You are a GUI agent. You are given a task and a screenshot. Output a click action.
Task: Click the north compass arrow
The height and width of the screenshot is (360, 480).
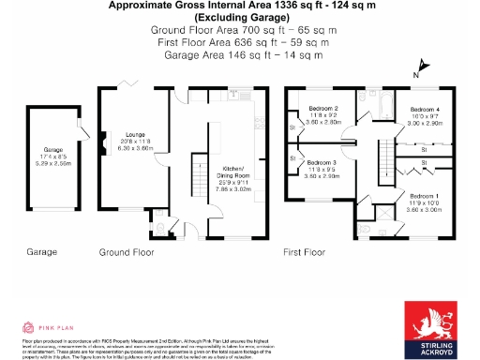[x=422, y=67]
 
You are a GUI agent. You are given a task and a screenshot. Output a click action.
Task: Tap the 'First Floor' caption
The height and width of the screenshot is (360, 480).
[x=308, y=252]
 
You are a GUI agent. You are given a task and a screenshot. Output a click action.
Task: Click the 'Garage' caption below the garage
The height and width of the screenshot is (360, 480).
[x=41, y=252]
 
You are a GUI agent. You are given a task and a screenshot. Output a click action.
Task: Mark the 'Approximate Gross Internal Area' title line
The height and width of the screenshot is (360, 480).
[x=238, y=6]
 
